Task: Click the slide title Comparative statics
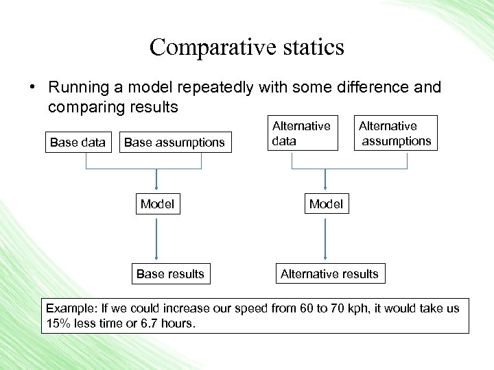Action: pyautogui.click(x=246, y=47)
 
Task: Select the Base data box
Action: pyautogui.click(x=78, y=143)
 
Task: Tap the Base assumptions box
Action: pyautogui.click(x=174, y=143)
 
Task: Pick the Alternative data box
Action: pyautogui.click(x=301, y=133)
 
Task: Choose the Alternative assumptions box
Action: pyautogui.click(x=396, y=133)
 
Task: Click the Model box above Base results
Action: pyautogui.click(x=157, y=204)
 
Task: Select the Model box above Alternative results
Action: pyautogui.click(x=326, y=204)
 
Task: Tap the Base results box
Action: pyautogui.click(x=170, y=274)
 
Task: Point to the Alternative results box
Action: pyautogui.click(x=329, y=274)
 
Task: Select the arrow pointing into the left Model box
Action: pyautogui.click(x=157, y=180)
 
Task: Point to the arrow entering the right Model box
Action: pyautogui.click(x=325, y=180)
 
